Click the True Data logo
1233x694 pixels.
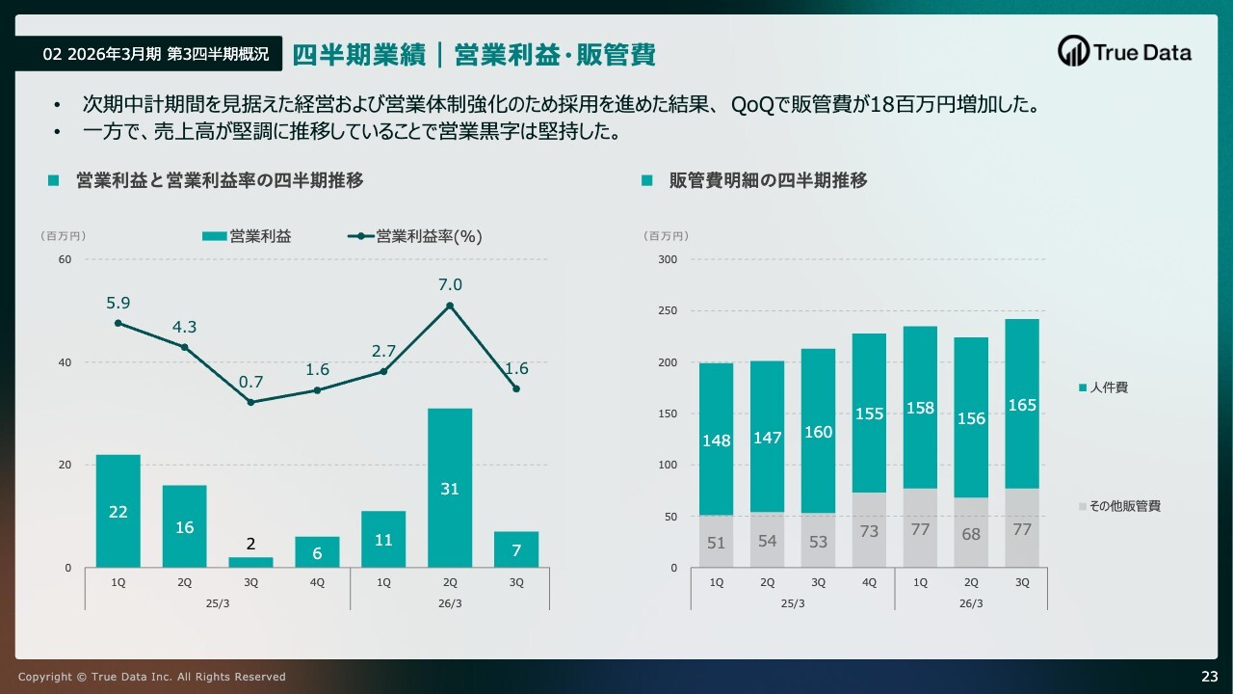pyautogui.click(x=1124, y=52)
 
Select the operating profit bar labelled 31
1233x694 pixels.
pyautogui.click(x=450, y=488)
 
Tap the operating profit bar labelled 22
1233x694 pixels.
pyautogui.click(x=118, y=511)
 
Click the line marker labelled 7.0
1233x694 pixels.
pyautogui.click(x=450, y=306)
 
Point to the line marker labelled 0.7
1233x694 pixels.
pyautogui.click(x=250, y=402)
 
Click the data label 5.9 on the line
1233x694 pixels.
pyautogui.click(x=118, y=303)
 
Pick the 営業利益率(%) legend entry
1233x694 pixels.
pyautogui.click(x=415, y=236)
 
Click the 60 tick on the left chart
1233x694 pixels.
pyautogui.click(x=65, y=259)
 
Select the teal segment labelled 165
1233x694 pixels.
pyautogui.click(x=1022, y=404)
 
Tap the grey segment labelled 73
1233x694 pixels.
pyautogui.click(x=869, y=530)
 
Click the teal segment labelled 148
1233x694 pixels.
pyautogui.click(x=716, y=440)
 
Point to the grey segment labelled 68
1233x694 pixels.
pyautogui.click(x=971, y=532)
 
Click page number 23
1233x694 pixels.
pyautogui.click(x=1209, y=676)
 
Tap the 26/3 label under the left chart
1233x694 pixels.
pyautogui.click(x=450, y=603)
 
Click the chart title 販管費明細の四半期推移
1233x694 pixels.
pyautogui.click(x=768, y=180)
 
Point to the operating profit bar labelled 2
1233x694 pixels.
pyautogui.click(x=250, y=562)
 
